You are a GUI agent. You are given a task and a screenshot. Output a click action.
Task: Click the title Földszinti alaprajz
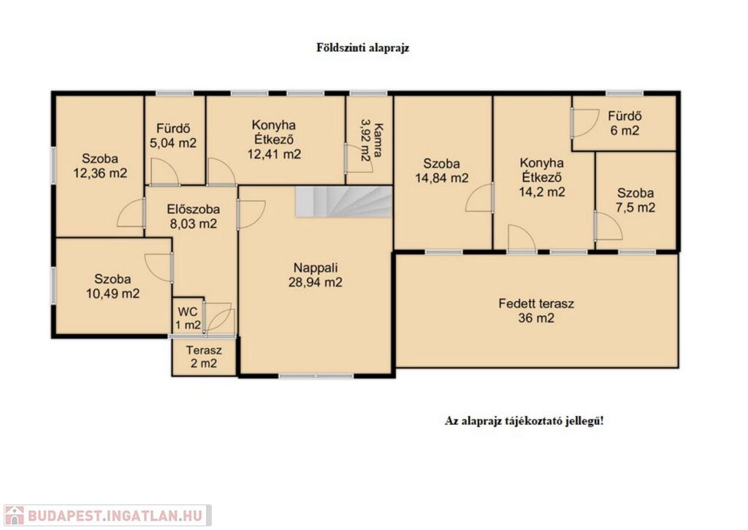(x=363, y=48)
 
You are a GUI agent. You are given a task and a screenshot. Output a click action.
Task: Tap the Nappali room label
(x=316, y=268)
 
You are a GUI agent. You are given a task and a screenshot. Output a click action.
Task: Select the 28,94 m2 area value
(x=316, y=282)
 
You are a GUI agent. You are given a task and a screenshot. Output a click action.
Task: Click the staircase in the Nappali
(x=343, y=202)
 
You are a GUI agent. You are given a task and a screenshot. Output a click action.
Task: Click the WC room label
(x=188, y=312)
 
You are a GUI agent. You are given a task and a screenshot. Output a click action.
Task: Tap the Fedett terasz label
(x=536, y=303)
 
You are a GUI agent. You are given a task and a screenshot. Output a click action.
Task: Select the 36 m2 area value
(x=536, y=318)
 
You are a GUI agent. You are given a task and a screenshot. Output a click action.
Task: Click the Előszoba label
(x=193, y=209)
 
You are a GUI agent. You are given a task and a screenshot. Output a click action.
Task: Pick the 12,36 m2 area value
(x=100, y=173)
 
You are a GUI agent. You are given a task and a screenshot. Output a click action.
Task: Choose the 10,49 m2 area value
(x=112, y=293)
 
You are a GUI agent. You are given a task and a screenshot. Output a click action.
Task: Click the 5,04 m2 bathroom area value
(x=173, y=143)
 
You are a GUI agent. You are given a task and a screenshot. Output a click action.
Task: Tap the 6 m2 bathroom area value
(x=625, y=130)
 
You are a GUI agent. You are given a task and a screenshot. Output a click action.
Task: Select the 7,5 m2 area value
(x=636, y=208)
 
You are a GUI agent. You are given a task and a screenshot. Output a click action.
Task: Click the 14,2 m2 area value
(x=542, y=192)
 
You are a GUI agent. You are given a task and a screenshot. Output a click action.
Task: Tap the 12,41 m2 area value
(x=274, y=154)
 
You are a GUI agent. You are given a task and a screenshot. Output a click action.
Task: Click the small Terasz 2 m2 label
(x=204, y=357)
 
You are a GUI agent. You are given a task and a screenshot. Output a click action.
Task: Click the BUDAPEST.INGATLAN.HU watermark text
(x=115, y=515)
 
